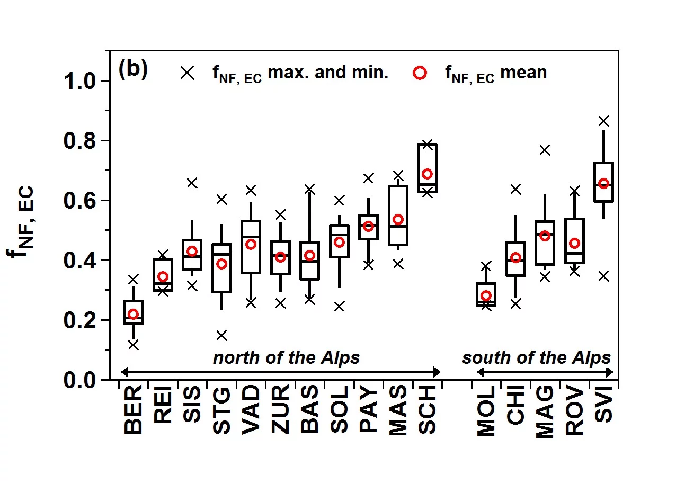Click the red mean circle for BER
tap(134, 314)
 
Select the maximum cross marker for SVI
tap(603, 121)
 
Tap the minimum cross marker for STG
tap(222, 335)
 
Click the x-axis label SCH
tap(428, 410)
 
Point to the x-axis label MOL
tap(486, 411)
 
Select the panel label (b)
tap(133, 70)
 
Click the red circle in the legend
tap(420, 73)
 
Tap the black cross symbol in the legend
tap(186, 73)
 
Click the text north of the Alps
tap(286, 358)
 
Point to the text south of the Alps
tap(536, 358)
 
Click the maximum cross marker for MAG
tap(545, 150)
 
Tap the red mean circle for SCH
tap(427, 174)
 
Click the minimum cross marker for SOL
tap(339, 307)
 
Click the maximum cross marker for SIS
tap(192, 183)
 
